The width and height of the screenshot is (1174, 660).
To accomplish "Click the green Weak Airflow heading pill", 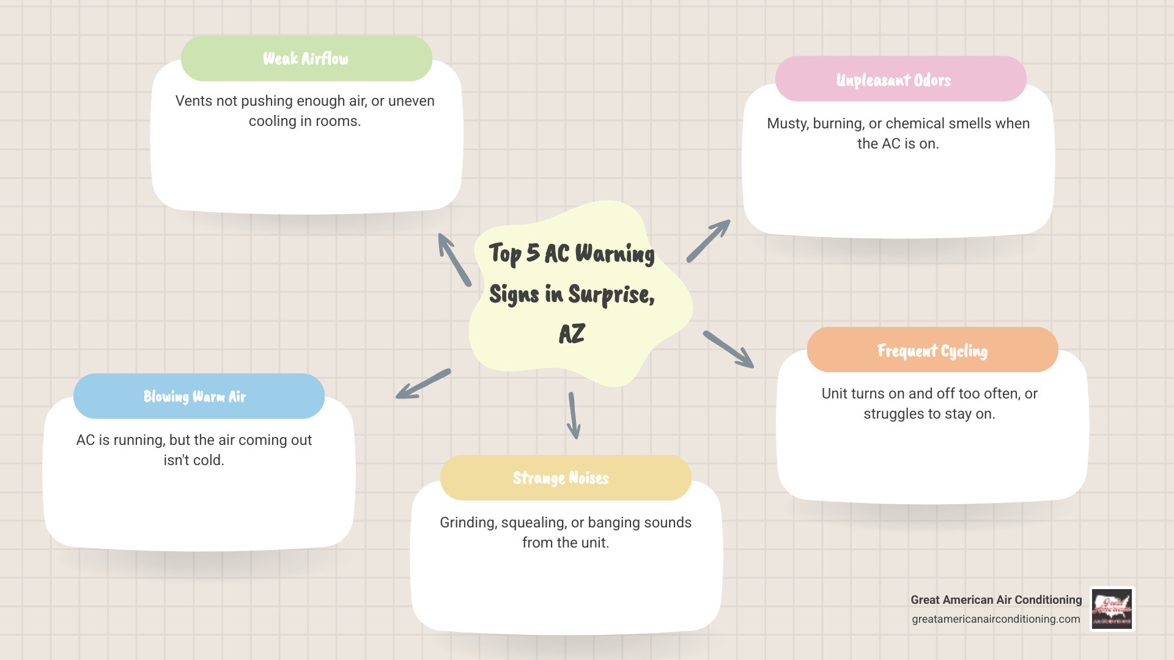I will tap(306, 59).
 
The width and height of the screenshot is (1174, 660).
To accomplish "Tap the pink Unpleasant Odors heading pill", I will tap(900, 79).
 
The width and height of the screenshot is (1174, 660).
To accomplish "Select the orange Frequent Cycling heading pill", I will tap(932, 350).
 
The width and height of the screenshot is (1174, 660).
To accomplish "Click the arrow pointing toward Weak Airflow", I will tap(454, 259).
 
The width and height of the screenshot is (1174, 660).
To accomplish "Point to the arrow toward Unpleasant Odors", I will tap(709, 241).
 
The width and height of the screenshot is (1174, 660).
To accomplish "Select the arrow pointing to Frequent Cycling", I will tap(728, 350).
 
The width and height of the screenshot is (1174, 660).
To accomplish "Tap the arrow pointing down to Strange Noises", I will tap(573, 416).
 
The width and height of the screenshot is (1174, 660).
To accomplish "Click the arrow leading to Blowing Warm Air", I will tap(423, 384).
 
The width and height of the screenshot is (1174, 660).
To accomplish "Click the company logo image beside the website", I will tap(1112, 609).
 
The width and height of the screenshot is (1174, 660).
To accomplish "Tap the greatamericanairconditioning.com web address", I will tap(995, 619).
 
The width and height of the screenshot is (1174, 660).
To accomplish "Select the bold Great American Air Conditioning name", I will tap(995, 600).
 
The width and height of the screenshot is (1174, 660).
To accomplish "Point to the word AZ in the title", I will tap(572, 334).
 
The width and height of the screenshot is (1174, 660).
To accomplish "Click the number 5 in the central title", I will tap(533, 252).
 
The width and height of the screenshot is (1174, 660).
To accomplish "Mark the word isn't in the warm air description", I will tap(176, 460).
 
